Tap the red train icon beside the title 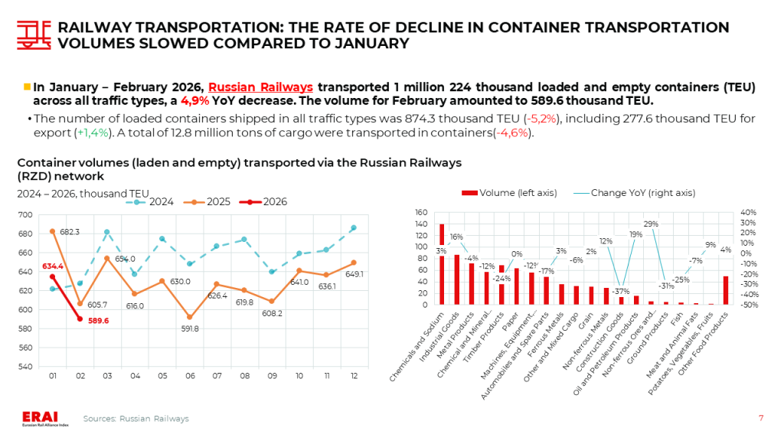coord(31,34)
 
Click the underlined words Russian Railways coord(260,87)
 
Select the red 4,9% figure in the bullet coord(197,102)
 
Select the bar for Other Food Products coord(726,290)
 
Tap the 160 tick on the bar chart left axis coord(421,212)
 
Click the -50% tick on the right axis coord(749,305)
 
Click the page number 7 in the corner coord(760,418)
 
